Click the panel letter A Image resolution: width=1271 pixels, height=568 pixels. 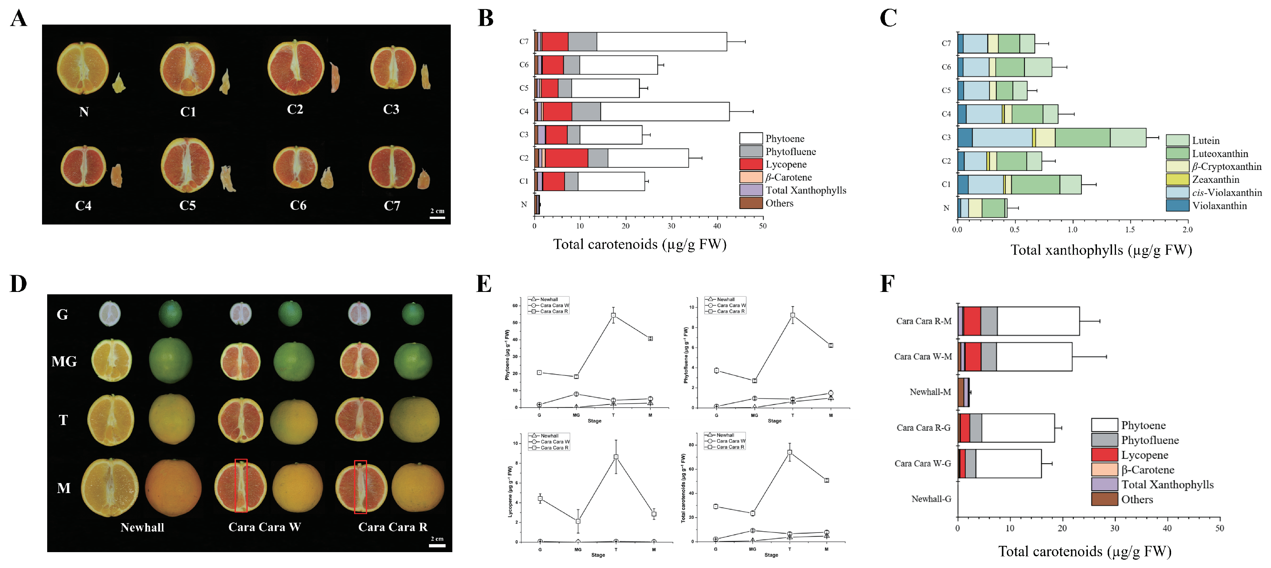point(19,19)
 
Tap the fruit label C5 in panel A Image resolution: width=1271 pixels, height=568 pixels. point(188,205)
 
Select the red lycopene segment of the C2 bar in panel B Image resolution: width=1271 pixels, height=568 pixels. point(567,158)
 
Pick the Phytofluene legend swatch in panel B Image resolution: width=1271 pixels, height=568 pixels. point(750,152)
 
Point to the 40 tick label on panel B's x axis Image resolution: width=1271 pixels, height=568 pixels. point(717,226)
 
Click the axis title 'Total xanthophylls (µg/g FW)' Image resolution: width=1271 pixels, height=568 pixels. point(1101,250)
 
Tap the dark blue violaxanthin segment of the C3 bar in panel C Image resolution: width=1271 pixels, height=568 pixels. point(965,138)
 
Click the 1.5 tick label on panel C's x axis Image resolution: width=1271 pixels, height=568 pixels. point(1130,230)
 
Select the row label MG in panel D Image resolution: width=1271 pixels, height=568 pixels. point(64,361)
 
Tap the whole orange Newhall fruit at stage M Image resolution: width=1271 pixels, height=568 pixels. point(173,488)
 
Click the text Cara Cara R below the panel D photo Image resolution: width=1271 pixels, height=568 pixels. point(393,527)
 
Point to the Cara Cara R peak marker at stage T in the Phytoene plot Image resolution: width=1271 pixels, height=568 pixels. point(613,315)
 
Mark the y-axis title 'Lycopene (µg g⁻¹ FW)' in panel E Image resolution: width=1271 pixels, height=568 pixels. point(510,491)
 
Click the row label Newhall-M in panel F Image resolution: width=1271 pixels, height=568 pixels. point(930,392)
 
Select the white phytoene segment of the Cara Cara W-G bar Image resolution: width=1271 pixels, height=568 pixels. point(1008,463)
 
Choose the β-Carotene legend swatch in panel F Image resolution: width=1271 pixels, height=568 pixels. point(1104,469)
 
